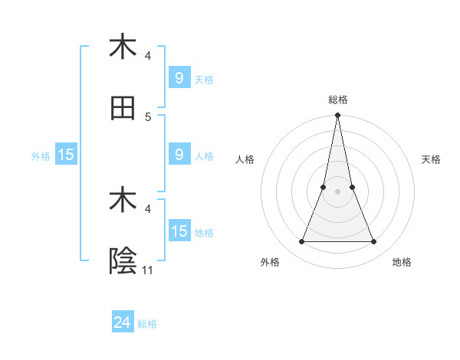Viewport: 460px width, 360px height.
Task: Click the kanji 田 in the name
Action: [x=123, y=108]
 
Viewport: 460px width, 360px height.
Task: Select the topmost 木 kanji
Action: [x=123, y=47]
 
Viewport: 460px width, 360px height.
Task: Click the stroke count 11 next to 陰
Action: [x=148, y=270]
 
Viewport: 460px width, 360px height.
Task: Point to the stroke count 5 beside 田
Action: [x=148, y=116]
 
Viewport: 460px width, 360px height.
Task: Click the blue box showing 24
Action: [x=123, y=322]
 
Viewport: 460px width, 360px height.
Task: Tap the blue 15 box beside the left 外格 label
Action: [x=66, y=155]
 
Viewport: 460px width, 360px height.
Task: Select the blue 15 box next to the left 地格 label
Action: [x=179, y=231]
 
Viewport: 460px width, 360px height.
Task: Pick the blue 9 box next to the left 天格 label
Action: [x=179, y=77]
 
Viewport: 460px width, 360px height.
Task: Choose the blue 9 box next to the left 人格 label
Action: [x=179, y=155]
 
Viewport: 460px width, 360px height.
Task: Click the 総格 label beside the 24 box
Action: [x=147, y=324]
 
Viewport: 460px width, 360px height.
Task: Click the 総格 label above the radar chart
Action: [x=337, y=100]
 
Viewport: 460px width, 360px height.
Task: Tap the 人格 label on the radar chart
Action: [x=245, y=159]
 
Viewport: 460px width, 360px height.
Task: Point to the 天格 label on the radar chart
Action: [x=432, y=159]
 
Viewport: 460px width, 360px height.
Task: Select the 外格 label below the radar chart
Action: [x=270, y=263]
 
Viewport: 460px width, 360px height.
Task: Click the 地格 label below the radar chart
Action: [x=402, y=263]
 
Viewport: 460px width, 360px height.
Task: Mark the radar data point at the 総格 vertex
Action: [x=337, y=116]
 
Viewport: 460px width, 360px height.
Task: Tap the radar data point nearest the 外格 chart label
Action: [x=301, y=242]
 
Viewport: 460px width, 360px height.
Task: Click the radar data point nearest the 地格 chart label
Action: [x=374, y=242]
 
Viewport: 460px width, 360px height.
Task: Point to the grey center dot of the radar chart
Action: [x=337, y=191]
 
